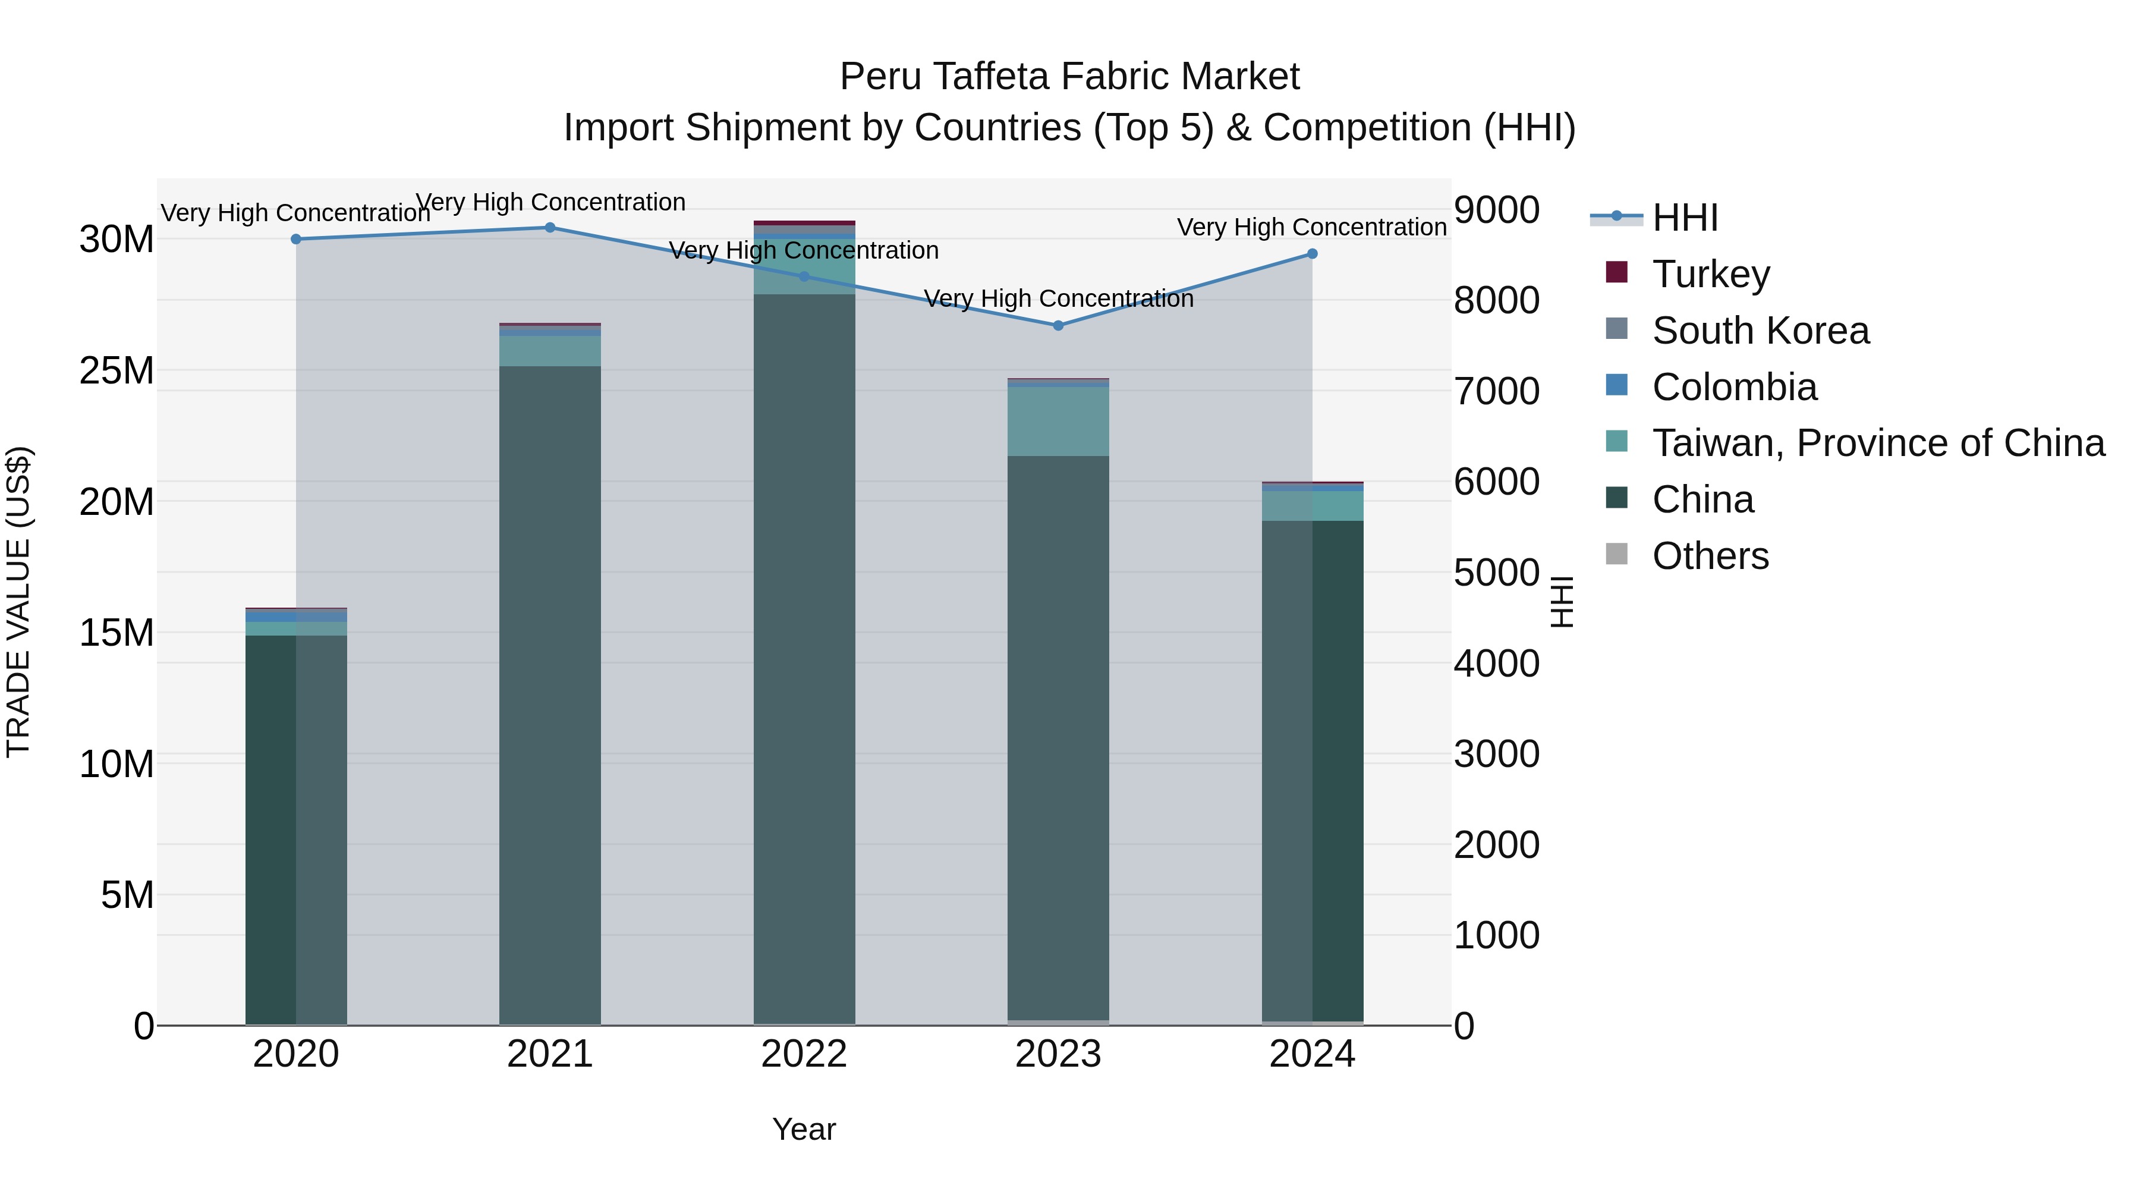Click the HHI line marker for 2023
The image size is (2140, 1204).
(1058, 326)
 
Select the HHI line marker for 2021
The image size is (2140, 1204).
(550, 228)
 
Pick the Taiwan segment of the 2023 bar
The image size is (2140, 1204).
(1058, 422)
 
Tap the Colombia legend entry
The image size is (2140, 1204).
(1734, 387)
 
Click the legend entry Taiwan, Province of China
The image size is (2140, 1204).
(1877, 443)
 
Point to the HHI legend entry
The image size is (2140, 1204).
(1684, 218)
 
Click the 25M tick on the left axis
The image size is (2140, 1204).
(117, 370)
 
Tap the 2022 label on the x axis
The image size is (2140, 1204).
(804, 1054)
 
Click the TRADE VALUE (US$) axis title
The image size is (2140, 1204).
(18, 602)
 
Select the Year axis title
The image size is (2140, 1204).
(804, 1129)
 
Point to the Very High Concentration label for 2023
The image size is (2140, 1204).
(1058, 298)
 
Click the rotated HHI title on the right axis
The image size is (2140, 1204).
(1562, 602)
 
